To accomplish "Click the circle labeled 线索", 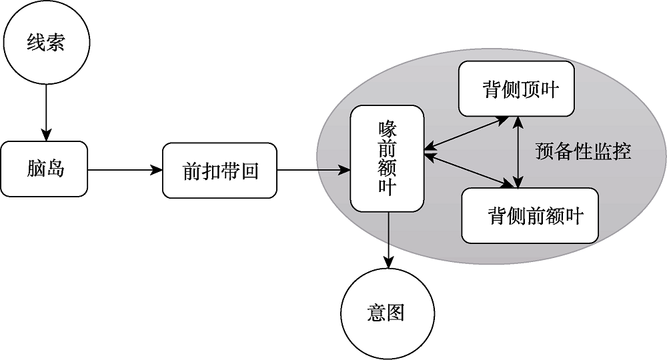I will coord(46,44).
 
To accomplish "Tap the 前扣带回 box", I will coord(219,171).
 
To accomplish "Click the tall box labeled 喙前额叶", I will coord(388,159).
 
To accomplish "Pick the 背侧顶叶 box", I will coord(517,89).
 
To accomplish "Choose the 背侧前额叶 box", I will coord(530,215).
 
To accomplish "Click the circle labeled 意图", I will coord(387,313).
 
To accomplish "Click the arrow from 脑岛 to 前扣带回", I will coord(125,170).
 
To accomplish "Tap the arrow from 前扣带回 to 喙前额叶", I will coord(313,170).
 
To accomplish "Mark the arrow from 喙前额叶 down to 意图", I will coord(388,240).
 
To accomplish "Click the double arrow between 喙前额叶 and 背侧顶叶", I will coord(467,132).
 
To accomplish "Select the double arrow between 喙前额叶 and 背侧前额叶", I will coord(467,169).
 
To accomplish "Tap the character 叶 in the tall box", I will coord(388,189).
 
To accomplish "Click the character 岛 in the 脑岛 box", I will coord(55,169).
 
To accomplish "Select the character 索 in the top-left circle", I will coord(55,44).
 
